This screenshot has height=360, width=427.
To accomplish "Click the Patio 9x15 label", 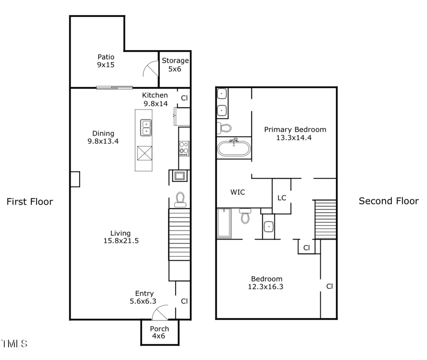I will [x=106, y=61].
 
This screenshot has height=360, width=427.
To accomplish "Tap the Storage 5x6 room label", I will [x=175, y=65].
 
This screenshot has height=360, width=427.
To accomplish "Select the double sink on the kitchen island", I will [x=146, y=127].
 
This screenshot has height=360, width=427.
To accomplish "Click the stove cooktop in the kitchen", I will [x=184, y=148].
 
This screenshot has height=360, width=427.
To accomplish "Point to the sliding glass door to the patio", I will [x=114, y=87].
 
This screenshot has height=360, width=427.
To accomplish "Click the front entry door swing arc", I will [x=160, y=312].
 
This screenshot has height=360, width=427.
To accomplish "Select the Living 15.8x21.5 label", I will [x=121, y=237].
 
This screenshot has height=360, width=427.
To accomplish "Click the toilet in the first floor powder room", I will [x=180, y=200].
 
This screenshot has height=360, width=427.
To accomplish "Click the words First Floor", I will [x=29, y=202].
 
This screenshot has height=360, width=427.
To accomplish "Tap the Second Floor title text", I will [x=389, y=201].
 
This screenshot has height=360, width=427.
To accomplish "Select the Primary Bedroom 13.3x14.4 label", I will [x=295, y=133].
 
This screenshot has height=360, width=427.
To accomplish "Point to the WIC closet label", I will [x=238, y=193].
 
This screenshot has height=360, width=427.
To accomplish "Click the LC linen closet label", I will [x=282, y=197].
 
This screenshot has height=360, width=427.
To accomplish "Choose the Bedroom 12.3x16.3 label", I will [x=266, y=283].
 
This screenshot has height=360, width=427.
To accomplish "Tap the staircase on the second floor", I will [x=325, y=219].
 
